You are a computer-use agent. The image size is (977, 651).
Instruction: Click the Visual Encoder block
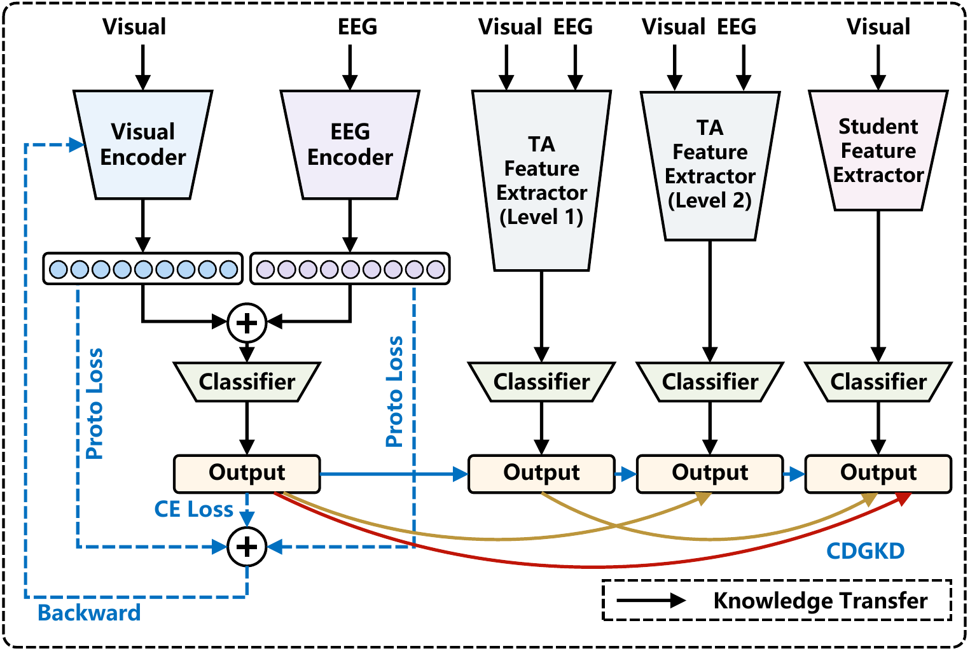click(x=143, y=144)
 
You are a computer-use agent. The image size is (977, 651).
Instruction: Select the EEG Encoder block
click(x=350, y=144)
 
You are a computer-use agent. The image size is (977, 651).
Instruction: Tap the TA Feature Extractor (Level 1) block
click(x=541, y=180)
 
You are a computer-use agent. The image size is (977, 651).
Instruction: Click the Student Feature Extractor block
click(x=878, y=150)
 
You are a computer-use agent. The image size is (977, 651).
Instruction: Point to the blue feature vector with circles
click(x=143, y=269)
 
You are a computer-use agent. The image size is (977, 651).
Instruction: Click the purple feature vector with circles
click(x=350, y=269)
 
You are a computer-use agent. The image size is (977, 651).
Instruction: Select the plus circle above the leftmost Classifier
click(x=247, y=323)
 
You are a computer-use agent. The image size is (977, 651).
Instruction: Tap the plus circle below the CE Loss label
click(x=247, y=547)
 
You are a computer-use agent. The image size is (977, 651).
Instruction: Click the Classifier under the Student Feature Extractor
click(x=878, y=382)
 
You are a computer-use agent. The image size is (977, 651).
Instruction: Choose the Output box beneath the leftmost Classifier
click(x=247, y=473)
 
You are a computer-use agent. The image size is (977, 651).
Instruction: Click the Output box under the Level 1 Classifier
click(x=541, y=473)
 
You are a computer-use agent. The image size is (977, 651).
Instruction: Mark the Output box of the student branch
click(x=878, y=473)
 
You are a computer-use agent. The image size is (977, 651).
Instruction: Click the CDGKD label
click(x=865, y=551)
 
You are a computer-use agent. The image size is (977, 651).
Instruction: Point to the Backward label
click(x=89, y=613)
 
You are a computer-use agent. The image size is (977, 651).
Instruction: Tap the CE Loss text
click(x=193, y=509)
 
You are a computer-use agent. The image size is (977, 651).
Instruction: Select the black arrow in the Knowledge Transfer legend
click(x=651, y=600)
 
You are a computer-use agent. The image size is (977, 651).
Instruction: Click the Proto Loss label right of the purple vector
click(x=394, y=391)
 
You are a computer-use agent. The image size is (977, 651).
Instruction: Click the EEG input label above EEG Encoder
click(x=357, y=27)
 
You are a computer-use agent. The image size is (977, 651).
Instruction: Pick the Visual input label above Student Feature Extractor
click(x=878, y=27)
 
